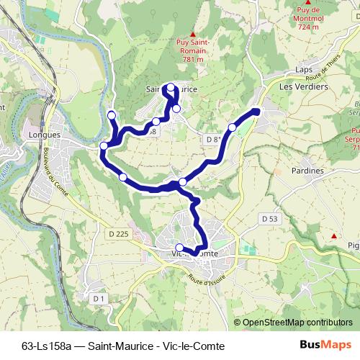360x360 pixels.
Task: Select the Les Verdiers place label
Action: click(303, 86)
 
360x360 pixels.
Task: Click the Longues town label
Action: click(45, 134)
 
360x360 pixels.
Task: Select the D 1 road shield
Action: click(99, 297)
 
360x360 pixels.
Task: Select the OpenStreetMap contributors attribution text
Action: click(297, 323)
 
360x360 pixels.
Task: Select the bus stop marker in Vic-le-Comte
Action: click(179, 248)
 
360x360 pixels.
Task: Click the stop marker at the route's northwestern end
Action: click(112, 116)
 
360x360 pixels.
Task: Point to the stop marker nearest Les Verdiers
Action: click(232, 127)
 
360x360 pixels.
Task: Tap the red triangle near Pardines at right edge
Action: click(333, 235)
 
